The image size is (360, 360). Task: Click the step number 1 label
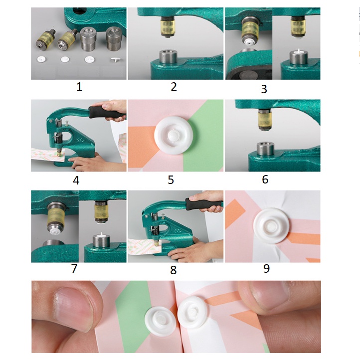pyautogui.click(x=79, y=87)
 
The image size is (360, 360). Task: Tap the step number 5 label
pyautogui.click(x=171, y=180)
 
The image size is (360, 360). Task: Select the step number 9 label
pyautogui.click(x=266, y=268)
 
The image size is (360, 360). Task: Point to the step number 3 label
pyautogui.click(x=264, y=89)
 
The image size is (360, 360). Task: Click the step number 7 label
pyautogui.click(x=74, y=269)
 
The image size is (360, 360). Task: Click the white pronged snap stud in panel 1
pyautogui.click(x=115, y=60)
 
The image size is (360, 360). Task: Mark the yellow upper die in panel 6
pyautogui.click(x=264, y=119)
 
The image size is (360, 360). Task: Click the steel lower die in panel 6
pyautogui.click(x=265, y=149)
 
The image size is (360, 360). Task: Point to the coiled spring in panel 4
pyautogui.click(x=59, y=138)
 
